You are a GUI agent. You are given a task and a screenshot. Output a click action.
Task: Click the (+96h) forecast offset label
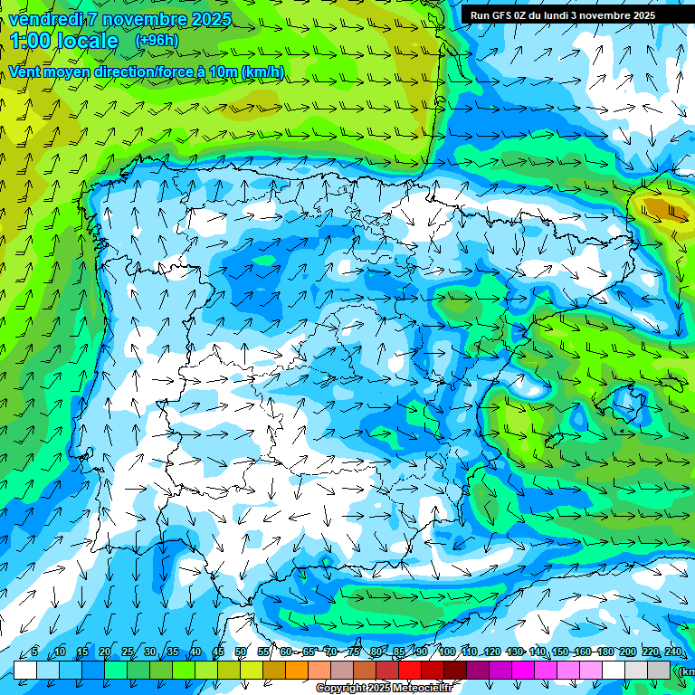click(157, 41)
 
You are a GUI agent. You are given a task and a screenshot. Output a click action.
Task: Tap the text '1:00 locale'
click(65, 42)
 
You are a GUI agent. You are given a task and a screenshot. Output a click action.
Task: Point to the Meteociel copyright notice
click(383, 689)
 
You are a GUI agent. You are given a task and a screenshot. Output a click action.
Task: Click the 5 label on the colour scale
click(34, 652)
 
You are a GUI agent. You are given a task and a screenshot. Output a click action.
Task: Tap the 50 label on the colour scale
click(241, 652)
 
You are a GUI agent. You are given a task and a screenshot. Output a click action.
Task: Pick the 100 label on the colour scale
click(446, 652)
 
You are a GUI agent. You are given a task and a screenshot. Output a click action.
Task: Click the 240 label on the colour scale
click(672, 652)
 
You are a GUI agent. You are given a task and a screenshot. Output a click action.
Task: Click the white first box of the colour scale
click(25, 670)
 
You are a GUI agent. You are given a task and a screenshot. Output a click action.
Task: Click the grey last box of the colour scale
click(659, 670)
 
